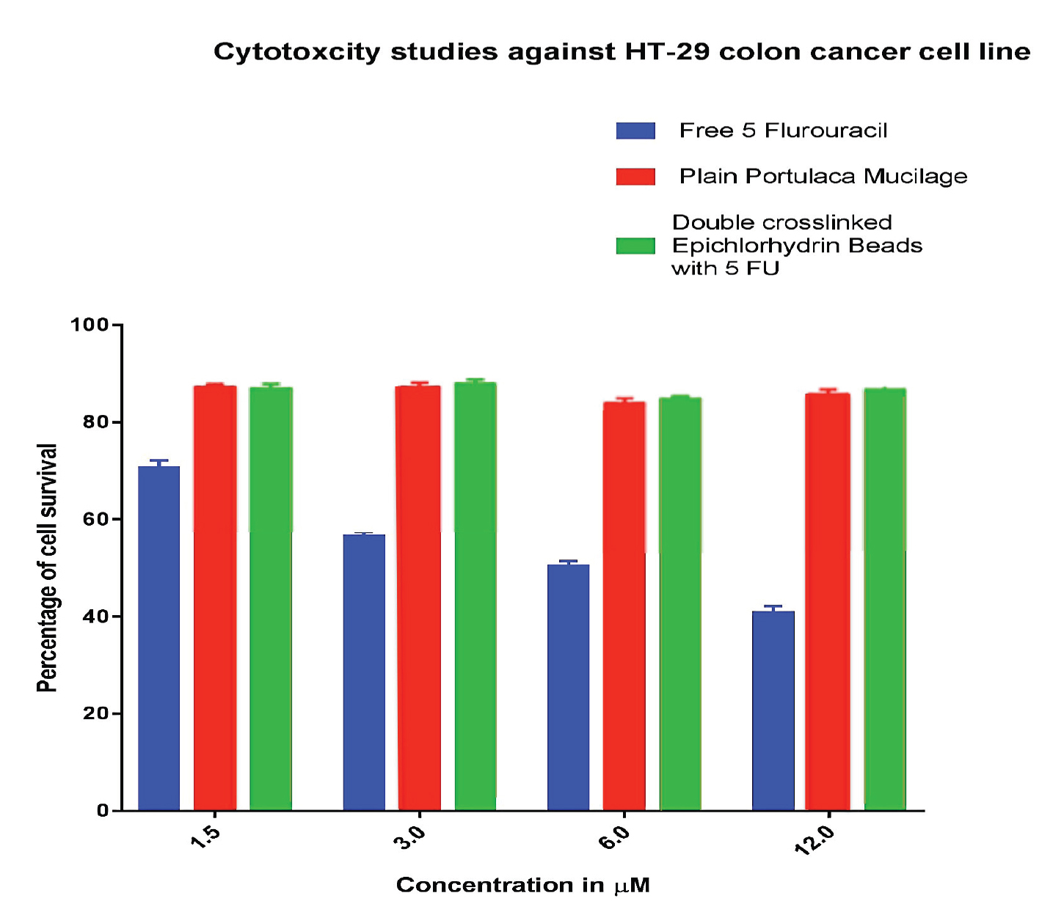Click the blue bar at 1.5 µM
coord(158,638)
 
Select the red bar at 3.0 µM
coord(418,597)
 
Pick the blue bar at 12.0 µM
coord(773,710)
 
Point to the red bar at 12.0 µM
coord(828,601)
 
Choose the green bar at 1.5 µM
coord(271,598)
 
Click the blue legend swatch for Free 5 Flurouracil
coord(635,130)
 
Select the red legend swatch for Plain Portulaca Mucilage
coord(635,177)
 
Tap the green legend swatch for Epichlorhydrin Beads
coord(635,246)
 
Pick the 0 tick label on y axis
coord(103,811)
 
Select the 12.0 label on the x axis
coord(815,840)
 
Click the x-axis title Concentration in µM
coord(523,886)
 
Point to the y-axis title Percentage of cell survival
coord(48,567)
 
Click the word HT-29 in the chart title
coord(667,52)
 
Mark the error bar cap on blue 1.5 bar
coord(158,460)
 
